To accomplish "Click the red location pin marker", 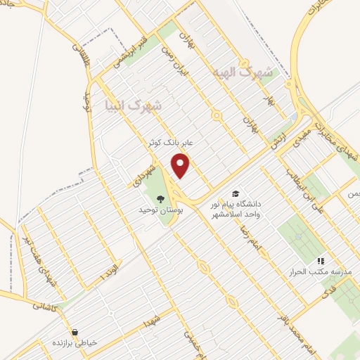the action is (181, 166).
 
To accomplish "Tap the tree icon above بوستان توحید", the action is (160, 199).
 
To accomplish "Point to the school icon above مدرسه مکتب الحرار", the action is (321, 260).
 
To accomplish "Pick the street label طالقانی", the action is (77, 45).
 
